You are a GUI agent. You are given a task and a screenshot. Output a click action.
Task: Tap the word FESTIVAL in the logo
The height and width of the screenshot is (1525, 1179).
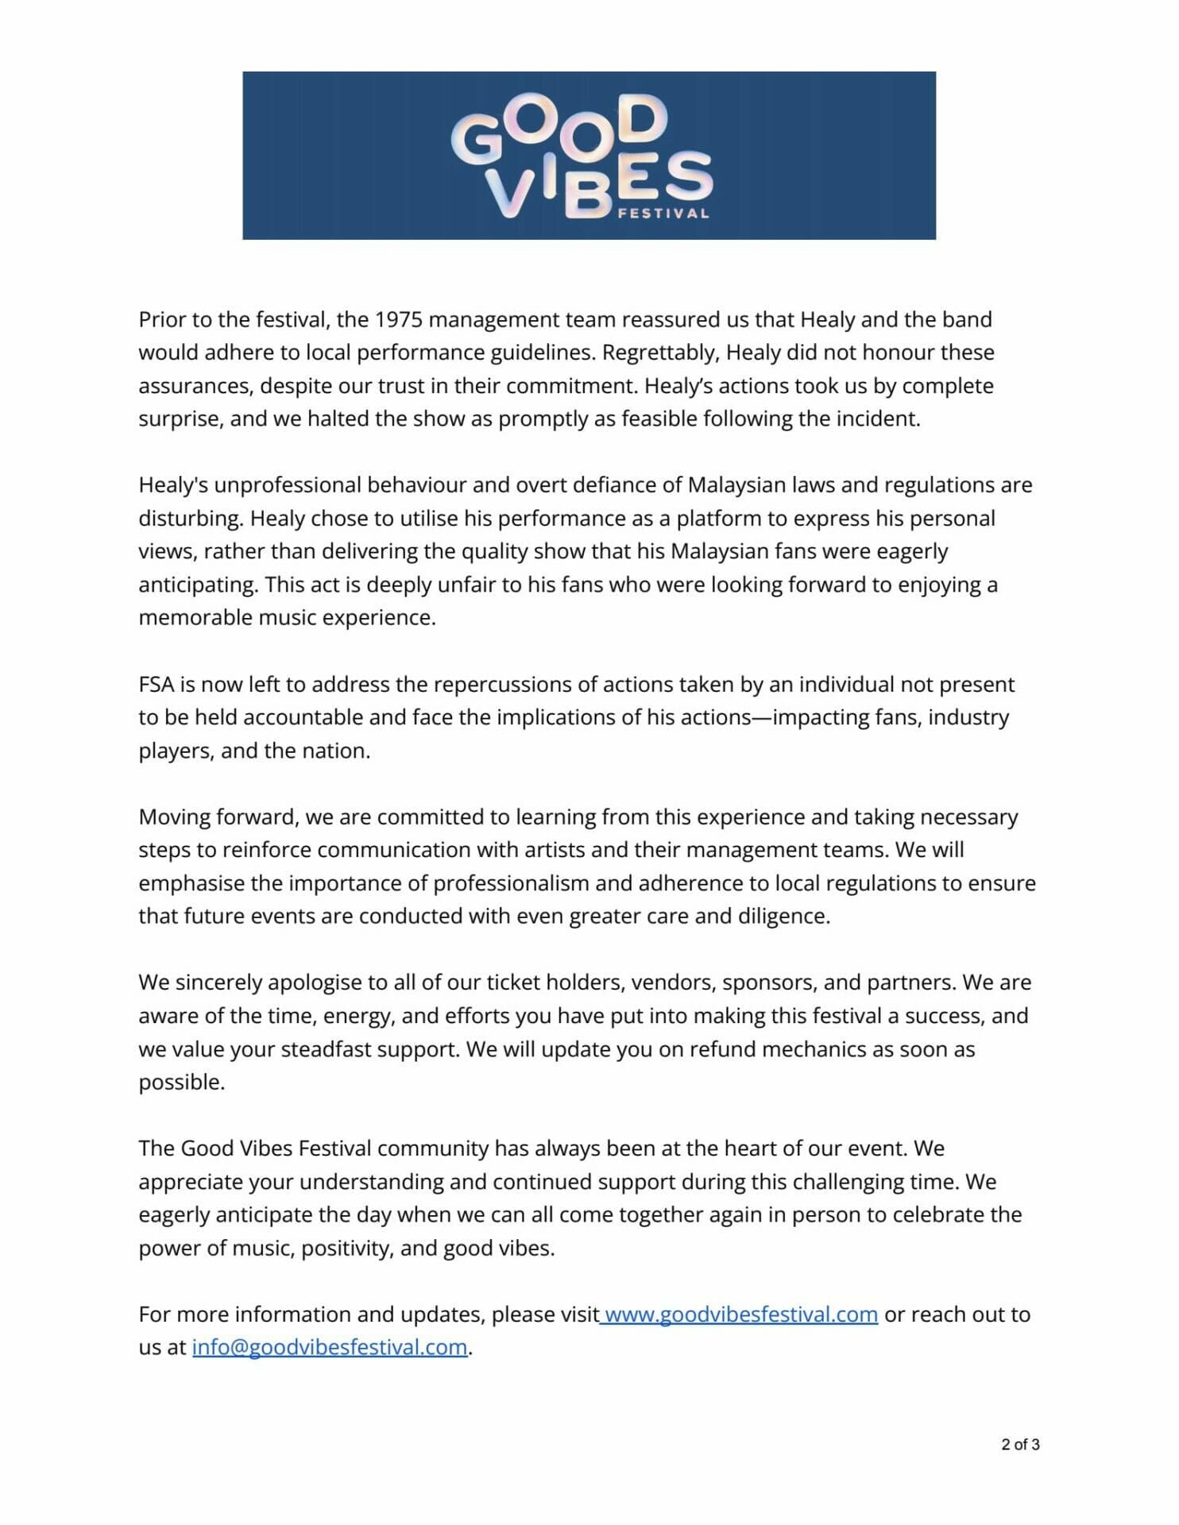663,213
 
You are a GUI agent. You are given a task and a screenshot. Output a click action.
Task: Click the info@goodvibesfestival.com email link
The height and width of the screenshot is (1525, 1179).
330,1348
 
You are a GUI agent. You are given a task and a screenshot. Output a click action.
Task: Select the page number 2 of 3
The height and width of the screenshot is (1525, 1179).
1020,1445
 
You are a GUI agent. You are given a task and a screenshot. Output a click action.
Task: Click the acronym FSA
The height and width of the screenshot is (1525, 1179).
156,685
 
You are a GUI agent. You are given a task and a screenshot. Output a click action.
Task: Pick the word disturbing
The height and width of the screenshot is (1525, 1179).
190,519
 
